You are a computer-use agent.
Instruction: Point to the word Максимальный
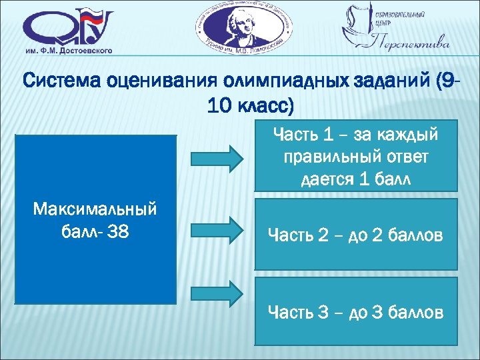pos(95,209)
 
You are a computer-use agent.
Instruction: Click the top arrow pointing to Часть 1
pos(218,158)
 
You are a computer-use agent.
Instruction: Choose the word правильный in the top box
pos(327,158)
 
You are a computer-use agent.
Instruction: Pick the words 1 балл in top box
pos(387,180)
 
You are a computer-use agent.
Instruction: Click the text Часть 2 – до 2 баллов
pos(355,235)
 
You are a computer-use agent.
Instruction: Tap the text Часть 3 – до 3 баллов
pos(355,311)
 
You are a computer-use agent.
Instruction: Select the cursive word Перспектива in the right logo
pos(407,45)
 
